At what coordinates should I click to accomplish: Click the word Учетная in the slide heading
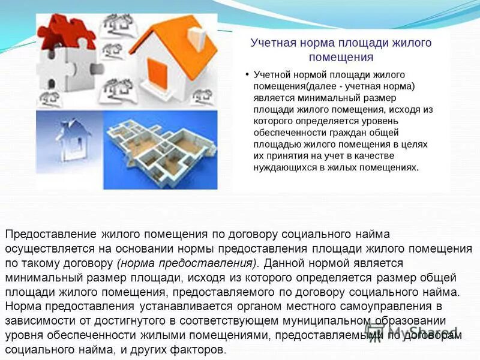point(273,44)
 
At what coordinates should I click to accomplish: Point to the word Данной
point(283,263)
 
